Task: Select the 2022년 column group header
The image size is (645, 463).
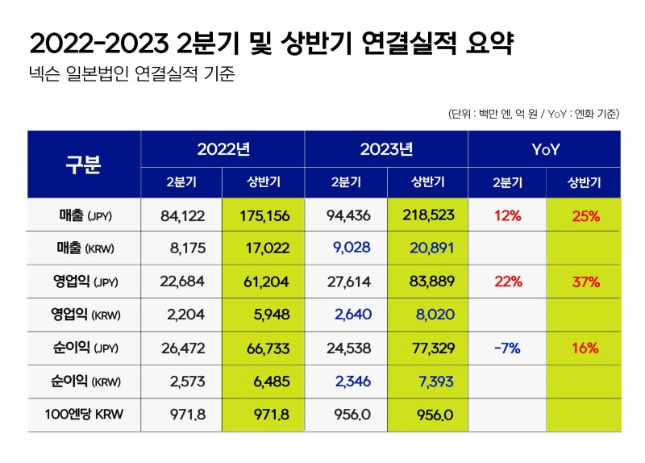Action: click(x=223, y=148)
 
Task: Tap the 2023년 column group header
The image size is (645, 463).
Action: click(x=386, y=148)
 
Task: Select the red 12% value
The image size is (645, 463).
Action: click(x=508, y=215)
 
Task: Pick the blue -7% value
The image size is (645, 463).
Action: click(x=508, y=348)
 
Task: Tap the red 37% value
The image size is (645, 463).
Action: click(x=585, y=282)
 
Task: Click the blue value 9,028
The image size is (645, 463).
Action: click(x=347, y=248)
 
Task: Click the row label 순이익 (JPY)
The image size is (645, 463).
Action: click(x=84, y=348)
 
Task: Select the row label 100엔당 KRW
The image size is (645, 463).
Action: click(x=84, y=415)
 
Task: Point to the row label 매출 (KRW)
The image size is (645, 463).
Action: click(x=84, y=248)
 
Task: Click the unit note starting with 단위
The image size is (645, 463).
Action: click(x=533, y=114)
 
